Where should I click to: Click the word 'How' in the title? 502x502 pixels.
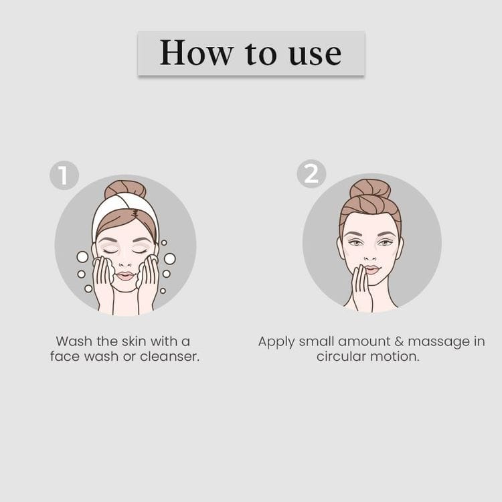(x=196, y=52)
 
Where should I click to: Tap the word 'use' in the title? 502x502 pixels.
(x=315, y=55)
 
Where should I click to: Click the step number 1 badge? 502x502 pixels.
(x=64, y=175)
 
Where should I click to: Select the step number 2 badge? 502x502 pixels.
(x=311, y=173)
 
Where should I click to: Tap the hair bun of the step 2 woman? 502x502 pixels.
(x=369, y=188)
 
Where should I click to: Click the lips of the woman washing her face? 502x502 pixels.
(x=126, y=276)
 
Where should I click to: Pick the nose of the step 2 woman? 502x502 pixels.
(x=370, y=256)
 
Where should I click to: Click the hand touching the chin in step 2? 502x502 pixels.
(x=361, y=288)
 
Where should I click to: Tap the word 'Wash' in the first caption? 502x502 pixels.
(x=74, y=341)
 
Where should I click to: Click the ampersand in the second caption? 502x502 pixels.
(x=399, y=341)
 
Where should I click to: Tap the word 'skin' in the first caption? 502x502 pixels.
(x=134, y=341)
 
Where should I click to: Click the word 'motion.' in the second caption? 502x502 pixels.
(x=395, y=356)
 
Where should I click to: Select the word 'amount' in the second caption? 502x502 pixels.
(x=364, y=341)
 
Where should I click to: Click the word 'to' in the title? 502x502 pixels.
(x=260, y=54)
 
